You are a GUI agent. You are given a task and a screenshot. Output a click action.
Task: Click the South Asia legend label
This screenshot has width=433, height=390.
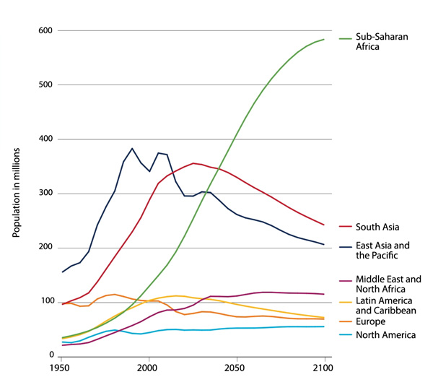click(376, 227)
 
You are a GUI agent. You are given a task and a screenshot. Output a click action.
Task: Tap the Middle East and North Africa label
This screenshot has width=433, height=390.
click(388, 285)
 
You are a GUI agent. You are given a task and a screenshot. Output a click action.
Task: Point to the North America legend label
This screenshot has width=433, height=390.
click(383, 334)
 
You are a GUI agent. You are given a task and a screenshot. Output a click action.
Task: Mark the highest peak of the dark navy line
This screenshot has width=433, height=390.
click(132, 148)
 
